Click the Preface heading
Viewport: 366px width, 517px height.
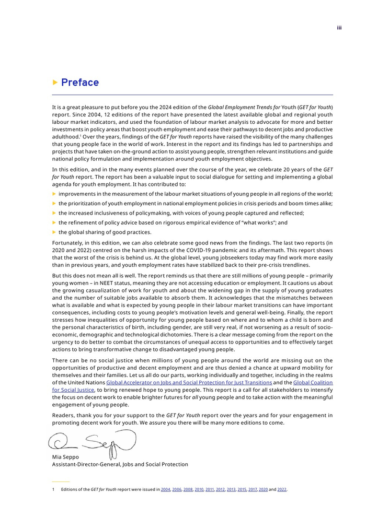pyautogui.click(x=79, y=83)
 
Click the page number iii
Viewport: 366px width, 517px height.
pyautogui.click(x=339, y=27)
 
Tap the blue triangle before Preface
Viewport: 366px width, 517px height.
pyautogui.click(x=55, y=83)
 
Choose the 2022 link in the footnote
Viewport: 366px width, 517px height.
pyautogui.click(x=282, y=489)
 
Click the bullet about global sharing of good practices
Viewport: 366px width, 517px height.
pyautogui.click(x=94, y=232)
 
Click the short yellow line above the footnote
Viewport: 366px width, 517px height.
pyautogui.click(x=61, y=481)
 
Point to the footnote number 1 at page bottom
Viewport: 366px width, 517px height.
pyautogui.click(x=53, y=489)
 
